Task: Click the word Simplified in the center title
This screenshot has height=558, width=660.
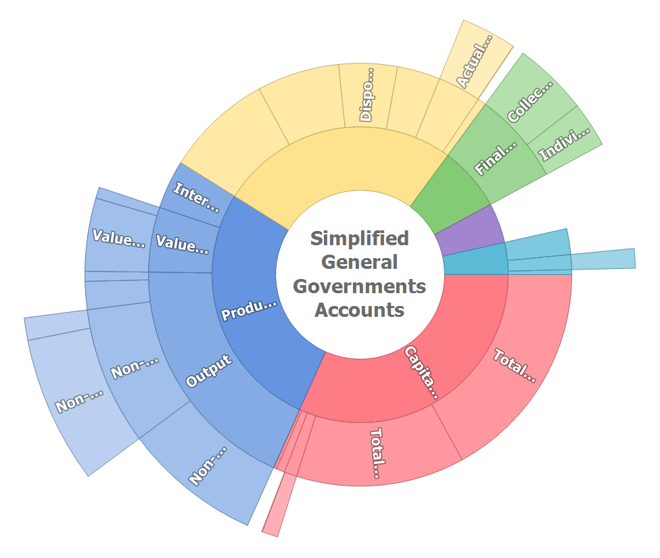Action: [359, 238]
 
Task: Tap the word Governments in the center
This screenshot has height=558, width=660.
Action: [359, 286]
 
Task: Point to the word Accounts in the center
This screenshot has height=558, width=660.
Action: [359, 310]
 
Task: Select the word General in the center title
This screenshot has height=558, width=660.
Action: [359, 262]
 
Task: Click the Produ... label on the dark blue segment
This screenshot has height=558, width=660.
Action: [250, 310]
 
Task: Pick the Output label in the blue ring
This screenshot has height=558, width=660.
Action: [209, 370]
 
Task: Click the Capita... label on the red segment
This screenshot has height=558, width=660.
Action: [421, 372]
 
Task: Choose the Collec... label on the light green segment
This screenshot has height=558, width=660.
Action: [530, 101]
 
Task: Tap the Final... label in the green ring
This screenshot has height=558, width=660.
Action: [496, 158]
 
